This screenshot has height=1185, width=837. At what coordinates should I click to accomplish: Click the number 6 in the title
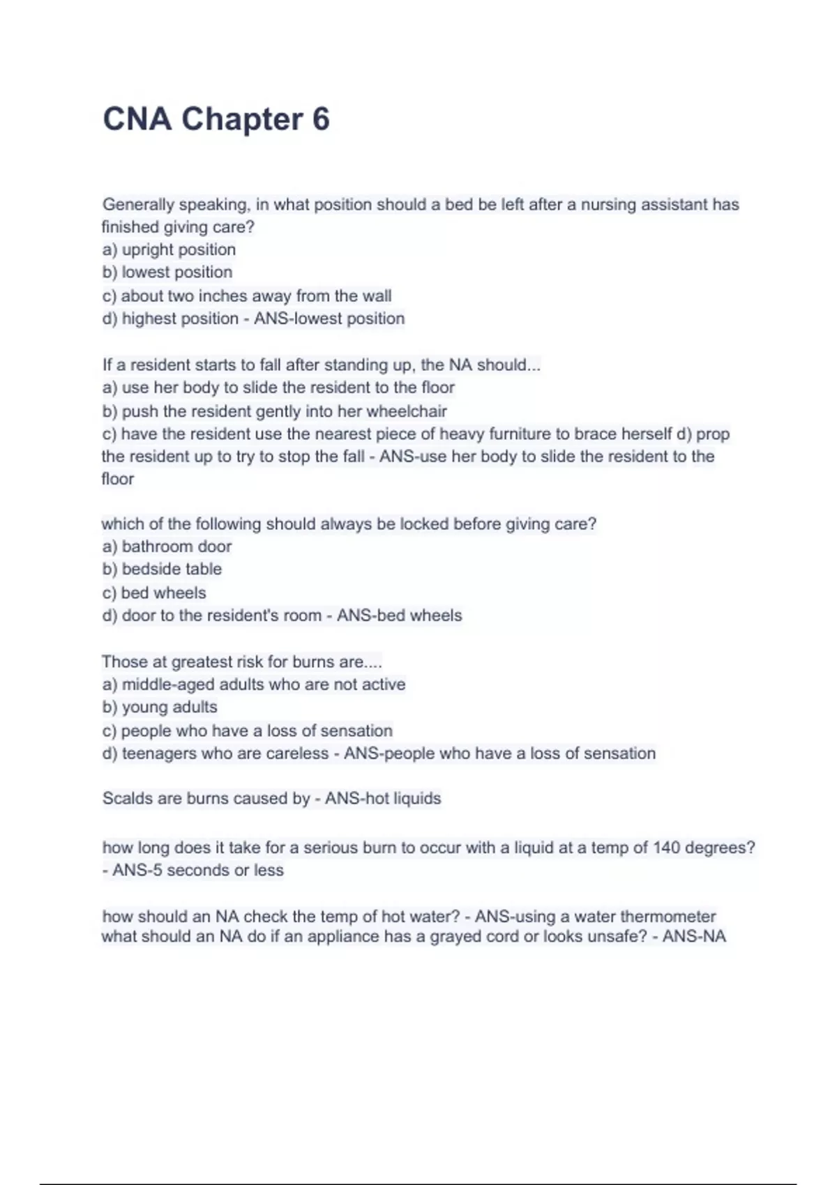pyautogui.click(x=320, y=119)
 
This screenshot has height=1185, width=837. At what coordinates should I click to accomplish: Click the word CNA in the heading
pyautogui.click(x=137, y=119)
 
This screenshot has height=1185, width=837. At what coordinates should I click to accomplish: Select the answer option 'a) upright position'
pyautogui.click(x=169, y=250)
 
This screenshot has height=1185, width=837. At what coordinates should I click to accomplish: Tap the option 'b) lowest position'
pyautogui.click(x=167, y=272)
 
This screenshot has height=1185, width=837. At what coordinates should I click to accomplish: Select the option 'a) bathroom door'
pyautogui.click(x=167, y=546)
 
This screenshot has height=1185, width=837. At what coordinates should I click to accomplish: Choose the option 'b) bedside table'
pyautogui.click(x=162, y=569)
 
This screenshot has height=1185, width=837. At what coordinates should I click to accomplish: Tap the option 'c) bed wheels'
pyautogui.click(x=154, y=592)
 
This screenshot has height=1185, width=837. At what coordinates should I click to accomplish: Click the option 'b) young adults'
pyautogui.click(x=160, y=707)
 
